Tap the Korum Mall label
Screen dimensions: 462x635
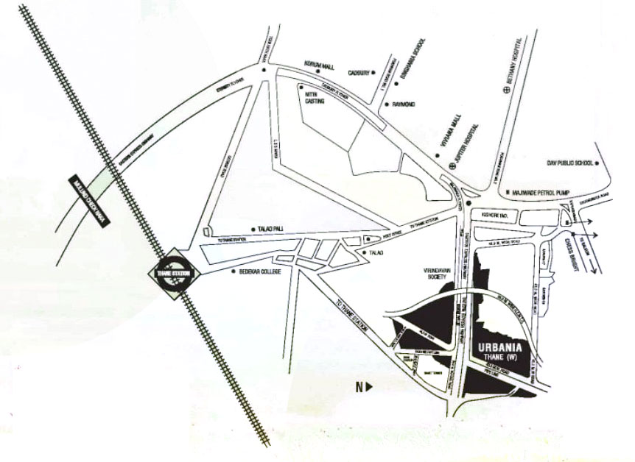click(x=320, y=66)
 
